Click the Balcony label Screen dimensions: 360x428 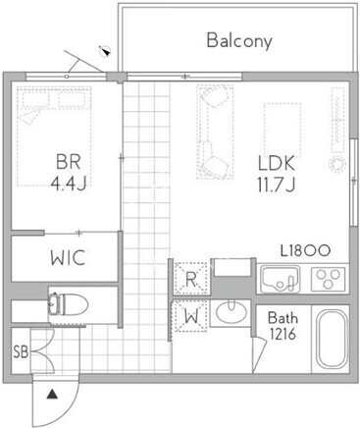pos(239,41)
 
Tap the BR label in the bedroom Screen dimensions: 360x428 pos(69,161)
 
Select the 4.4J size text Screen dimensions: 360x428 pos(69,184)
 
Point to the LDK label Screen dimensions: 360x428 pos(277,163)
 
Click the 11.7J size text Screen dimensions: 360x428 pos(277,185)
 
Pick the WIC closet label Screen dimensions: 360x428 pos(68,257)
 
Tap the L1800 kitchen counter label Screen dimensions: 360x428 pos(305,250)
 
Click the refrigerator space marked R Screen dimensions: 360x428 pos(191,279)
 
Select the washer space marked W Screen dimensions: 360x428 pos(191,316)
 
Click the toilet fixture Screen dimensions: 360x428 pos(69,304)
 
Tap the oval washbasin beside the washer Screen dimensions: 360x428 pos(231,312)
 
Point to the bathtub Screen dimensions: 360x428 pos(333,339)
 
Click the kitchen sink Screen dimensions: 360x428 pos(281,279)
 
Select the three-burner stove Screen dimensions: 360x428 pos(328,279)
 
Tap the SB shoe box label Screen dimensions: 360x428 pos(21,352)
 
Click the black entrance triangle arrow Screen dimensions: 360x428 pos(52,395)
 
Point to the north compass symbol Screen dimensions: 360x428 pos(106,51)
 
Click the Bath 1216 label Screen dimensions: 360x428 pos(283,326)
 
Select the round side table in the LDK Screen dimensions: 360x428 pos(337,164)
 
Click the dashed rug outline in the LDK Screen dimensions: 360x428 pos(283,130)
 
